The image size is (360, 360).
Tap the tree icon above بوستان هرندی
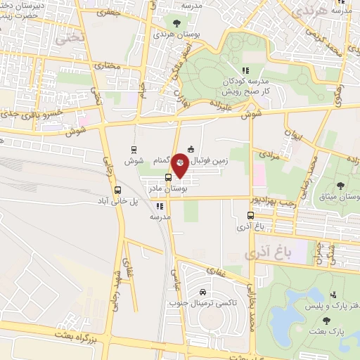(x=176, y=24)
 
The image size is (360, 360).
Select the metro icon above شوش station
(x=134, y=150)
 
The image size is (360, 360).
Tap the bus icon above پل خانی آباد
(x=117, y=190)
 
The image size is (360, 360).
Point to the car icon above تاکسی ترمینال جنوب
(x=202, y=292)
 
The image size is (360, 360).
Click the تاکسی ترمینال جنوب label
(x=202, y=303)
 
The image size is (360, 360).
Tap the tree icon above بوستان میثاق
(x=340, y=186)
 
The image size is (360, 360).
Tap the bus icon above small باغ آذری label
(x=251, y=215)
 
